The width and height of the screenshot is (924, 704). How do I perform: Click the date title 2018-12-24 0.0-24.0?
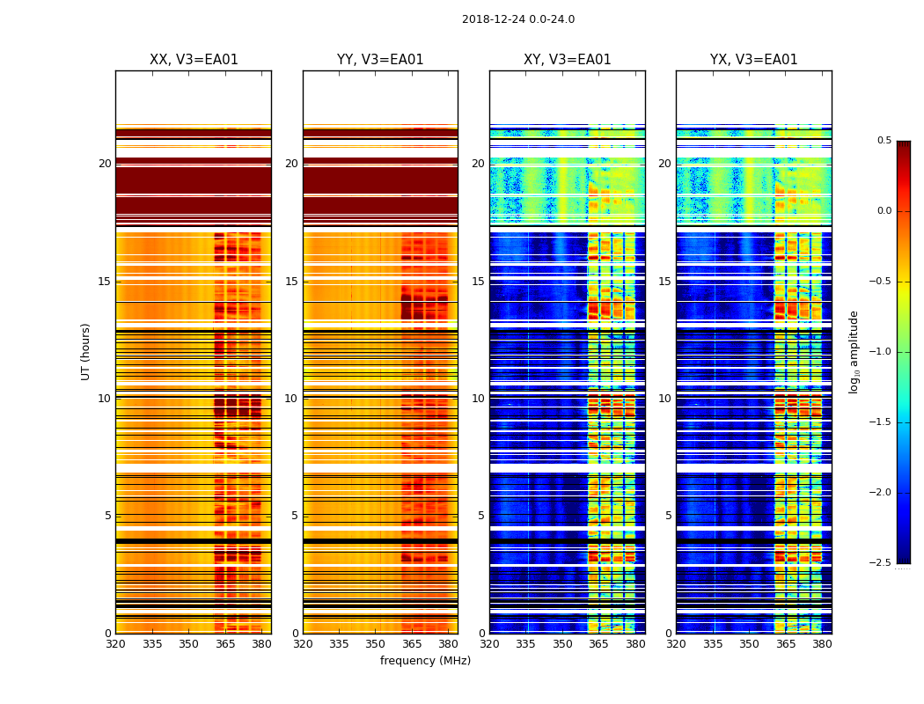517,19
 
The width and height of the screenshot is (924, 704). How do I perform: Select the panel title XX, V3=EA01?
194,60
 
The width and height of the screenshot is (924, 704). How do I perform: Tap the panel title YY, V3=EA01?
380,60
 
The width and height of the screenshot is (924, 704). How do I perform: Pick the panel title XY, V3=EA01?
567,60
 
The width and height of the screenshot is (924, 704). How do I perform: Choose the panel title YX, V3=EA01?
753,60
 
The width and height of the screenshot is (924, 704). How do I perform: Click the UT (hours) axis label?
86,351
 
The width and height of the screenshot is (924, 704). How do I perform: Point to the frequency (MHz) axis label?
425,661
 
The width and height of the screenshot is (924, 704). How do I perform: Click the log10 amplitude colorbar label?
854,351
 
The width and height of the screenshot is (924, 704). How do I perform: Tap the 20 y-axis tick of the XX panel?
105,164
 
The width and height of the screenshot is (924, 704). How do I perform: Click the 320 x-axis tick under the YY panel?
303,643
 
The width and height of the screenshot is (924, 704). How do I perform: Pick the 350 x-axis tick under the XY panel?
562,643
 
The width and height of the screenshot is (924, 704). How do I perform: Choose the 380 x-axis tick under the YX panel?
822,643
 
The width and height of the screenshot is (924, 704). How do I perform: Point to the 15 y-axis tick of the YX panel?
665,282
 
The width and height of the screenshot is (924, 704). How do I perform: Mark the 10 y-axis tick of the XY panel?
479,399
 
